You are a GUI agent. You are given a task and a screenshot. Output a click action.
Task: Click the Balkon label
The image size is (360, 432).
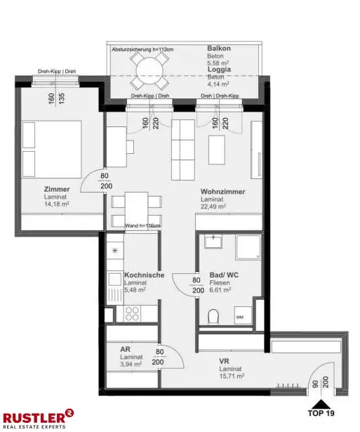click(x=220, y=48)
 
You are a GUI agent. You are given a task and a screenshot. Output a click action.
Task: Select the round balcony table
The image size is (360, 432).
click(x=149, y=70)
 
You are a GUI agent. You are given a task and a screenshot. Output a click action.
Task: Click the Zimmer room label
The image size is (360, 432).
click(x=57, y=190)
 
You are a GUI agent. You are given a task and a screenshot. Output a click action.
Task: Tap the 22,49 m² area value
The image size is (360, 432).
click(x=213, y=207)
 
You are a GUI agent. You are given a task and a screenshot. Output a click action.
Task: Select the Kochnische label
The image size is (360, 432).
click(x=144, y=275)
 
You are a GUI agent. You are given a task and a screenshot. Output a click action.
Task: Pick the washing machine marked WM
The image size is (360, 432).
click(x=240, y=318)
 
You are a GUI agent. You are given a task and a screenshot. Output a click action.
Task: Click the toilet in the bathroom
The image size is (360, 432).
click(x=215, y=317)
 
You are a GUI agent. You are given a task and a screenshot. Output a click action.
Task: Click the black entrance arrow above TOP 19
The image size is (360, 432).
click(x=321, y=403)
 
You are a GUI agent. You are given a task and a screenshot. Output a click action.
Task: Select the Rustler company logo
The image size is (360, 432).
click(x=38, y=419)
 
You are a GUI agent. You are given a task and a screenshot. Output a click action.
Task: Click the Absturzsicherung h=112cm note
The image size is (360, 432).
click(x=142, y=50)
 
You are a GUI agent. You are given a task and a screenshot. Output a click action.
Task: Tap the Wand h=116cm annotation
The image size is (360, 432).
click(x=142, y=225)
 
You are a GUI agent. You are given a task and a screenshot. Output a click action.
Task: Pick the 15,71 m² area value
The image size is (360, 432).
click(x=231, y=377)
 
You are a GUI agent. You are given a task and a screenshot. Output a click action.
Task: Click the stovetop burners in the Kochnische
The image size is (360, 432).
click(x=134, y=313)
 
